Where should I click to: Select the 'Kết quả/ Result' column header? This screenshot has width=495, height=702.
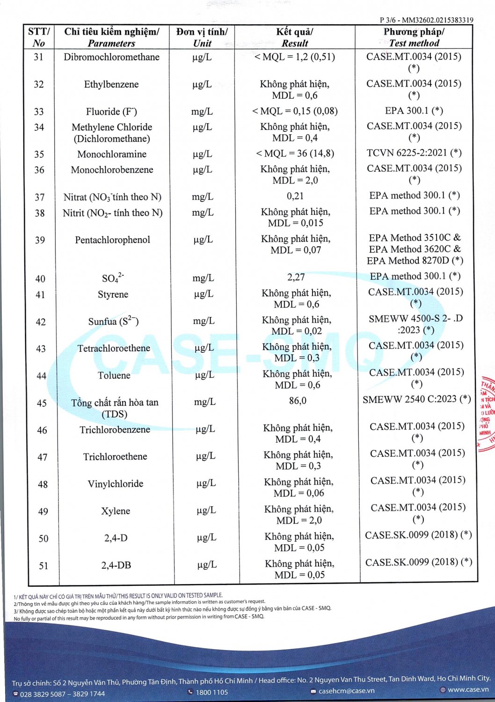[x=295, y=37]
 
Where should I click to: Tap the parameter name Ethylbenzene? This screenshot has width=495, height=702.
[x=111, y=85]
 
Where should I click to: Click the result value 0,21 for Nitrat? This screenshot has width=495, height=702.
[x=295, y=196]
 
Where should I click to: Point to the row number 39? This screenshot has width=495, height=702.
[x=40, y=240]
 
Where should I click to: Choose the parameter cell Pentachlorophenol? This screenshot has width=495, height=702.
[x=112, y=240]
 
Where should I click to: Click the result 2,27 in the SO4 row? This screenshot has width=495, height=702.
[x=296, y=277]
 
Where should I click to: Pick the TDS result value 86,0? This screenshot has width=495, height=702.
[x=298, y=401]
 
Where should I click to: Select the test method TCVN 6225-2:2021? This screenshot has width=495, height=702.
[x=414, y=153]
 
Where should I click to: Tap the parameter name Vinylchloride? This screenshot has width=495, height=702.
[x=116, y=484]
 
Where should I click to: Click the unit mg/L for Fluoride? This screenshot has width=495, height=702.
[x=202, y=111]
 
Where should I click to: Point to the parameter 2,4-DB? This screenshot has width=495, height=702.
[x=116, y=565]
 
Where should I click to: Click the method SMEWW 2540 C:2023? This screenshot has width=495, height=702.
[x=416, y=399]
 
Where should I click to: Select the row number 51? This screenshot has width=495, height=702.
[x=44, y=566]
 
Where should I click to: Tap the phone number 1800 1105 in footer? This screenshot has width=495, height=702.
[x=211, y=692]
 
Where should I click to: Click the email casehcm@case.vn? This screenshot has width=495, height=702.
[x=346, y=691]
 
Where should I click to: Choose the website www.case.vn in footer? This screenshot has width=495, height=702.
[x=468, y=689]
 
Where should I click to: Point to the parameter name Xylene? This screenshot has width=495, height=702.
[x=116, y=511]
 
